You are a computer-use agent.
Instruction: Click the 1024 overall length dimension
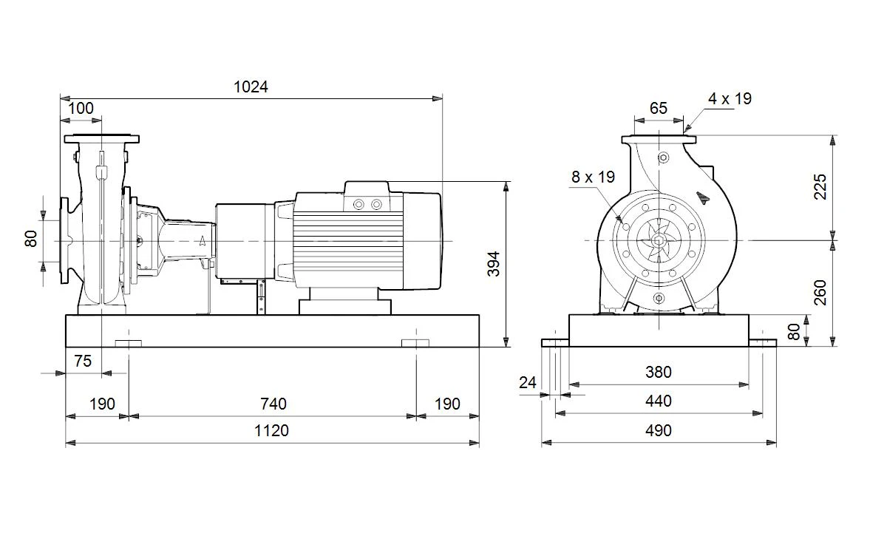(251, 86)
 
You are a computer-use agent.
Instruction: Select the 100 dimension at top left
(81, 108)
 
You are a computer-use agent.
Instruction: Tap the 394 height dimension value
(494, 264)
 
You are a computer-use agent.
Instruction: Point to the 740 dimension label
(273, 404)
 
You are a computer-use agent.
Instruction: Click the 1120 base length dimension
(271, 430)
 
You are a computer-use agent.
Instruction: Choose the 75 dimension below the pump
(83, 361)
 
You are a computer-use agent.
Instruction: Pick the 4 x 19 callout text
(730, 98)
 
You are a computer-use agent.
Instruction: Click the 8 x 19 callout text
(593, 177)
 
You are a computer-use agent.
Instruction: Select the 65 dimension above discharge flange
(659, 108)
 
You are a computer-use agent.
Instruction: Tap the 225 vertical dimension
(820, 186)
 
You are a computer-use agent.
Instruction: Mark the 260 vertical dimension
(820, 292)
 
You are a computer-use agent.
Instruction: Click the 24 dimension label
(528, 383)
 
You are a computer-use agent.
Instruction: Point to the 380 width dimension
(659, 373)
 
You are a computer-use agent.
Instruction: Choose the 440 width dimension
(659, 401)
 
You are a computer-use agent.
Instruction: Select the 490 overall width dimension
(659, 430)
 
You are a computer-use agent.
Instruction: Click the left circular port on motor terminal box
(358, 205)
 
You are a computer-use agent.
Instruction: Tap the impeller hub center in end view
(659, 240)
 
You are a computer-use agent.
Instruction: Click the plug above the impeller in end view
(664, 157)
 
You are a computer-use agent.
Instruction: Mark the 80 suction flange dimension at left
(30, 239)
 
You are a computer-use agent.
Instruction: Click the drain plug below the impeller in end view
(659, 298)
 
